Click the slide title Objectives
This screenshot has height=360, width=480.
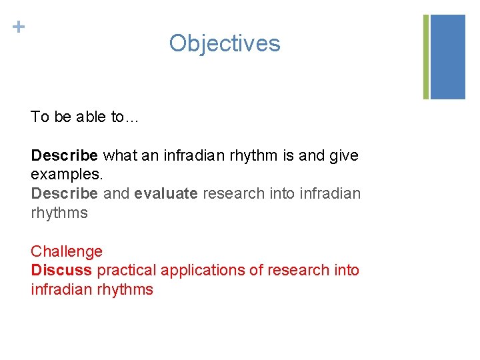click(x=225, y=43)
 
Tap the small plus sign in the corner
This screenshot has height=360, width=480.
click(x=19, y=27)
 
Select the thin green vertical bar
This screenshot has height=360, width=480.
click(x=426, y=57)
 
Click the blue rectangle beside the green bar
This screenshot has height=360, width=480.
click(x=447, y=57)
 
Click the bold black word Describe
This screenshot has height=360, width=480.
click(x=64, y=156)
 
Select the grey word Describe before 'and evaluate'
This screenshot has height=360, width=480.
click(x=64, y=194)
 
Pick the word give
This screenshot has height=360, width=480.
click(x=344, y=156)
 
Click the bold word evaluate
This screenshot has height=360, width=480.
click(x=165, y=194)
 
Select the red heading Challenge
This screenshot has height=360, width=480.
click(x=67, y=252)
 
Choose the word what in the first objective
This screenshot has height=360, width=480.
click(x=119, y=156)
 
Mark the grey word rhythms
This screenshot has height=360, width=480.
click(x=59, y=213)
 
